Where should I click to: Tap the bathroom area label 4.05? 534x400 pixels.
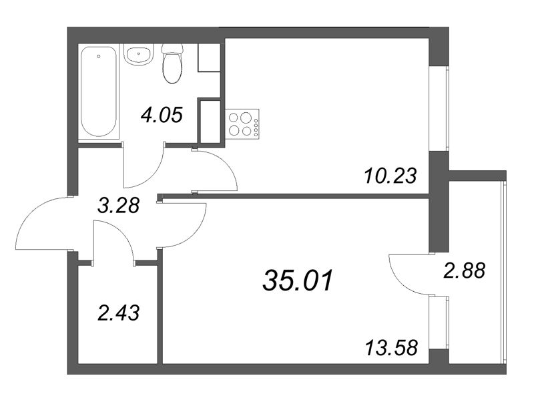click(161, 116)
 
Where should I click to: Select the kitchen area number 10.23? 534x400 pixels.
click(391, 176)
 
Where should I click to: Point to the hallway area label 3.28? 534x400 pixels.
click(117, 205)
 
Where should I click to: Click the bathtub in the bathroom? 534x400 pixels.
click(99, 93)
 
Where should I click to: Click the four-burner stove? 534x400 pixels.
click(243, 124)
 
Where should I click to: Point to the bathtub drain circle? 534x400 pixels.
click(99, 57)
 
